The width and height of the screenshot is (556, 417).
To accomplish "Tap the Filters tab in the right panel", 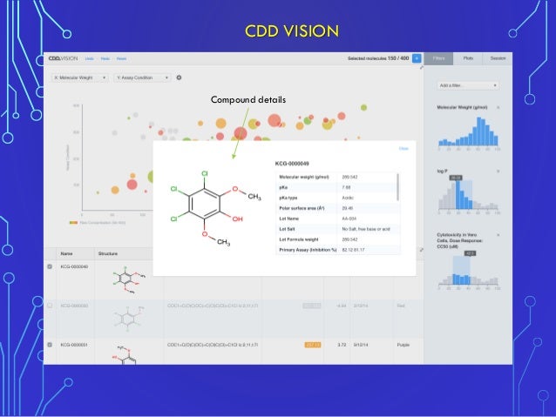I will tap(443, 57).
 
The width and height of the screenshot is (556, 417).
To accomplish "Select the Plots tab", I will tap(469, 57).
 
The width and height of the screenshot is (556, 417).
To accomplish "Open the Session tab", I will tap(498, 57).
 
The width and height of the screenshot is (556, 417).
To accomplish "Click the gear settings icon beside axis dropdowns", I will tap(179, 77).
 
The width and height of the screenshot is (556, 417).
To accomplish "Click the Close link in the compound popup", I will tap(403, 148).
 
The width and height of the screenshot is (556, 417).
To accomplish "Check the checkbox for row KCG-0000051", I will tap(50, 345).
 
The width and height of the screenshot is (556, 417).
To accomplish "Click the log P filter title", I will tap(444, 171).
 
